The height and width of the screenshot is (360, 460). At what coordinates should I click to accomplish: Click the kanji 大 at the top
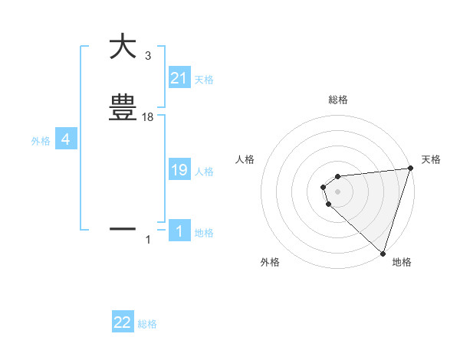[x=123, y=47]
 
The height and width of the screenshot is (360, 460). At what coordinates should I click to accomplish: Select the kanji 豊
[x=123, y=108]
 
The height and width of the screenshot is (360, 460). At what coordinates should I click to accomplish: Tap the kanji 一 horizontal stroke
[x=123, y=228]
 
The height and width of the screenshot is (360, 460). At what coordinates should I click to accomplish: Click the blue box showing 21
[x=179, y=78]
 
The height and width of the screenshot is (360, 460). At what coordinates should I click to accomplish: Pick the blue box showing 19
[x=179, y=171]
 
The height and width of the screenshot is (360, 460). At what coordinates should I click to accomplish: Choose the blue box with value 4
[x=65, y=139]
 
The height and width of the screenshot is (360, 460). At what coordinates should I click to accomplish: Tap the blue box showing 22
[x=123, y=322]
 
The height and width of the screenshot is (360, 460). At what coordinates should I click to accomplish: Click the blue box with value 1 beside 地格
[x=179, y=232]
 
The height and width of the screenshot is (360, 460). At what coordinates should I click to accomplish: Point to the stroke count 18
[x=149, y=117]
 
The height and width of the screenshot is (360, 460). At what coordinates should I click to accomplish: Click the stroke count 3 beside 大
[x=147, y=55]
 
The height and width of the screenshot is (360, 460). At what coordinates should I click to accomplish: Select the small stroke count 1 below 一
[x=148, y=241]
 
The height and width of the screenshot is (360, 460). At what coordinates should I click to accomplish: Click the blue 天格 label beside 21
[x=204, y=80]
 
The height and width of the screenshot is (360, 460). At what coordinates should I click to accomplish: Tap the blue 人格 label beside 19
[x=204, y=172]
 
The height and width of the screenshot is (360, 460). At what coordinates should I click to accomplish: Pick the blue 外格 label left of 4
[x=40, y=141]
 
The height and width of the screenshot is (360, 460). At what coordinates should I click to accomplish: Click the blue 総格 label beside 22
[x=147, y=324]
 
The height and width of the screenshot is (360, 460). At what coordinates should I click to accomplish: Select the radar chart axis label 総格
[x=337, y=100]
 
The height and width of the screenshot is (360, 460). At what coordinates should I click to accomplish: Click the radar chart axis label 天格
[x=431, y=159]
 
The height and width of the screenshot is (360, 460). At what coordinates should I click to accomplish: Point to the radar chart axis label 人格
[x=245, y=159]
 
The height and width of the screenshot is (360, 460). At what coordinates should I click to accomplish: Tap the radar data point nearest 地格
[x=383, y=253]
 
